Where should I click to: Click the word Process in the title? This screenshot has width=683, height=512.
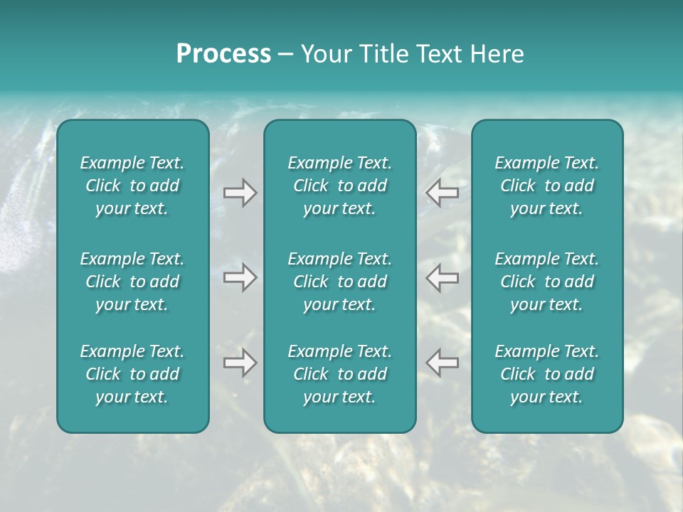[x=223, y=54]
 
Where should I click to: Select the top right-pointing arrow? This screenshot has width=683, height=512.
[x=240, y=192]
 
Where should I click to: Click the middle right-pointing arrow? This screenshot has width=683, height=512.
[x=240, y=277]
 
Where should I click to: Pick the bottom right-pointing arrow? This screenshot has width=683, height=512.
[x=240, y=363]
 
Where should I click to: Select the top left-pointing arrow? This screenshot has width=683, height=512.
[x=442, y=192]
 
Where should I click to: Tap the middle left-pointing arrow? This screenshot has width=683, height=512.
[x=442, y=277]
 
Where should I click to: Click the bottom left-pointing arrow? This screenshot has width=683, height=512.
[x=442, y=363]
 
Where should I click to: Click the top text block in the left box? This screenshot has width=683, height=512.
[x=132, y=186]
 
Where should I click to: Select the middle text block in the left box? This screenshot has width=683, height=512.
[x=132, y=282]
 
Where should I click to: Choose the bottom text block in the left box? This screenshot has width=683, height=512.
[x=132, y=374]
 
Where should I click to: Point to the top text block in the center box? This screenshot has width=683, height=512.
[x=339, y=186]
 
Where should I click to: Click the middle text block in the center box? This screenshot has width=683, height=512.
[x=339, y=282]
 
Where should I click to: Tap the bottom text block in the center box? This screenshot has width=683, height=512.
[x=339, y=374]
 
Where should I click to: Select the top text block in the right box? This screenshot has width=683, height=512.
[x=546, y=186]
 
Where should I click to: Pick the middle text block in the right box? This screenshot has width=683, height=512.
[x=546, y=282]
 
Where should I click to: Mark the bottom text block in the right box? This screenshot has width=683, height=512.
[x=546, y=374]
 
